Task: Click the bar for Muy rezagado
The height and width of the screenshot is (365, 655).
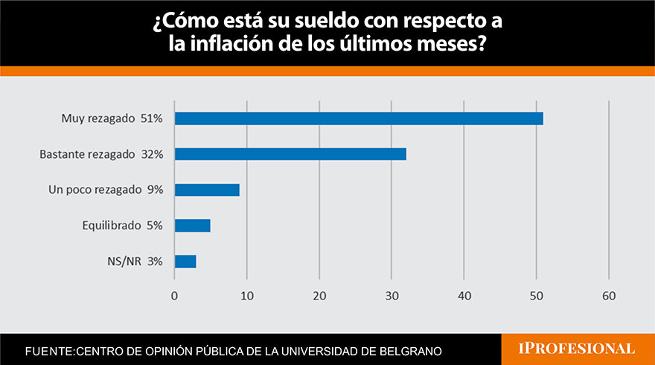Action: click(359, 118)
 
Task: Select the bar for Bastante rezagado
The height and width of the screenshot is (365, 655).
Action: click(290, 154)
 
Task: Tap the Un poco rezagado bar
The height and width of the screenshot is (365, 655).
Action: click(207, 190)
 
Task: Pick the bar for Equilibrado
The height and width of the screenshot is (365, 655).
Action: click(192, 226)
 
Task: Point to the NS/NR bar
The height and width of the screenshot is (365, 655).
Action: click(185, 261)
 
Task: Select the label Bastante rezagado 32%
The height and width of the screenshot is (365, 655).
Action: click(106, 154)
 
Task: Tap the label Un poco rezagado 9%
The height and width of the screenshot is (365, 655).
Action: click(105, 190)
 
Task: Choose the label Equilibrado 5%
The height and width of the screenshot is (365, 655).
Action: click(122, 226)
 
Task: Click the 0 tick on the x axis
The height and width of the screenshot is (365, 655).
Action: click(174, 296)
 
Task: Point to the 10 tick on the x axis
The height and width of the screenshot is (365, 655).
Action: click(246, 296)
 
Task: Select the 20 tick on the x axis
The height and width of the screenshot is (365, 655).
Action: click(319, 296)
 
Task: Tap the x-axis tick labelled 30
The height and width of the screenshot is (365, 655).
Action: click(392, 296)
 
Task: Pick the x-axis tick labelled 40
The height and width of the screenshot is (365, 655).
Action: click(464, 296)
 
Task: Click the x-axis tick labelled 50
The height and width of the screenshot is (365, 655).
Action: click(537, 296)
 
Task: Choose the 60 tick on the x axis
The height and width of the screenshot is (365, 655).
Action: click(609, 296)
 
